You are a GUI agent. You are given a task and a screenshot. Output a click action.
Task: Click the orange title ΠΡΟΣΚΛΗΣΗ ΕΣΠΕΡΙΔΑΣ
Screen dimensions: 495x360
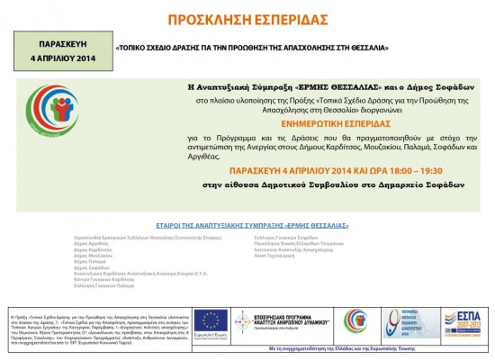[x=247, y=19]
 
